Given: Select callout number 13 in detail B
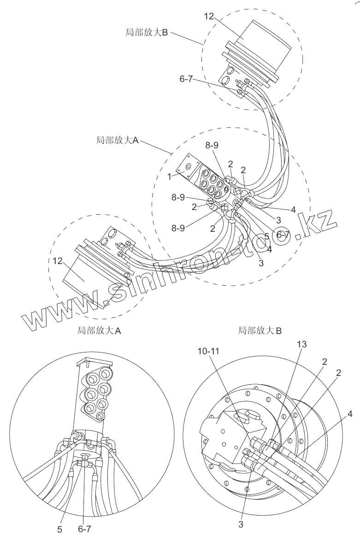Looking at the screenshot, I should [x=302, y=344].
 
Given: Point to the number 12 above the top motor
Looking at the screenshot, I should [x=209, y=16].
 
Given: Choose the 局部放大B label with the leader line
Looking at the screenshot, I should [x=147, y=33].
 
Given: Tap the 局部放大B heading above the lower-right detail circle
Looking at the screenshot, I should [x=260, y=330].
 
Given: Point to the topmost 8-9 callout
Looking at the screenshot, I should [x=212, y=145].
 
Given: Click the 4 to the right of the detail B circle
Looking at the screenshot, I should [x=350, y=414].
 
